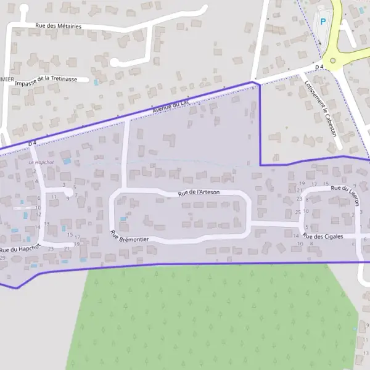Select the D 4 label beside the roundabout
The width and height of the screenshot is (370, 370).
pos(319,67)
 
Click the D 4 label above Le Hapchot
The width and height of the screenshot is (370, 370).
pos(33,144)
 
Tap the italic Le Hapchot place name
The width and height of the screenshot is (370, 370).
pos(41,162)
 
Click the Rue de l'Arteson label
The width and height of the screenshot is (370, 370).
pos(199,192)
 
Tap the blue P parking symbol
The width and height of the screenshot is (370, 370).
pos(323,22)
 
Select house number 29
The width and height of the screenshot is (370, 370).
pos(3,258)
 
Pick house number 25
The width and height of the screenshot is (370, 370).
pos(298,212)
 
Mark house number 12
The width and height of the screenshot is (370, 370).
pos(38,214)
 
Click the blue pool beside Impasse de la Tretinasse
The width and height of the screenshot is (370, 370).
pos(96,82)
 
